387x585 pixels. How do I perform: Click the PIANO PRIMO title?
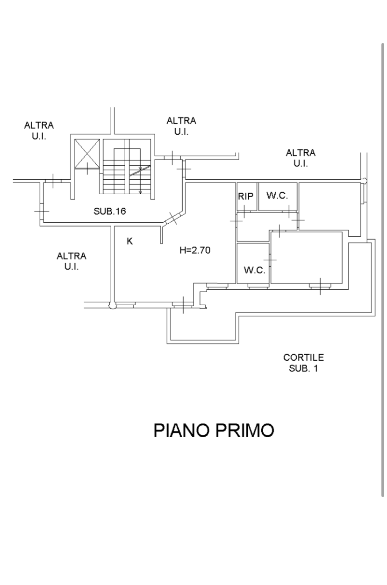214,431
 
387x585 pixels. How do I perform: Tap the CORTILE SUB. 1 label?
303,363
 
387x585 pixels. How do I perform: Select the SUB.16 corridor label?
110,211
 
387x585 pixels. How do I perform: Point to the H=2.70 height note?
195,250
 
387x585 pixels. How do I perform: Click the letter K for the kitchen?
129,241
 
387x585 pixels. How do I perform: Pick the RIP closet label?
246,196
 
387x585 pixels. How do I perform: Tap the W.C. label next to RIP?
277,195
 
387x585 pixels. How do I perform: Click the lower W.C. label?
255,270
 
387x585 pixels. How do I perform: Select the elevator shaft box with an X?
87,154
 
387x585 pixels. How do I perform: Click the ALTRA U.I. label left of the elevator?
39,131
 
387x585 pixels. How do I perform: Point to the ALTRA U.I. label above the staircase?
181,126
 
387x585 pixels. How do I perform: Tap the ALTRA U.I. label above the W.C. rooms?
301,158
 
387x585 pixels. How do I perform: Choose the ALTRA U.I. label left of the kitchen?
72,261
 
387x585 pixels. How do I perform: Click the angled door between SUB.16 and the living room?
173,218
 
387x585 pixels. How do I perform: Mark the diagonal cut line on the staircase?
140,170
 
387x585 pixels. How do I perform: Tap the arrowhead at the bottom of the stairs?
140,192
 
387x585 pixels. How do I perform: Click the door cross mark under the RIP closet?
244,211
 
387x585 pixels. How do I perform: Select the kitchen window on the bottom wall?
125,304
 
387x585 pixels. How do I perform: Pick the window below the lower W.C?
258,286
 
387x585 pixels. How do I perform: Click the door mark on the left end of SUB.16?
42,211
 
